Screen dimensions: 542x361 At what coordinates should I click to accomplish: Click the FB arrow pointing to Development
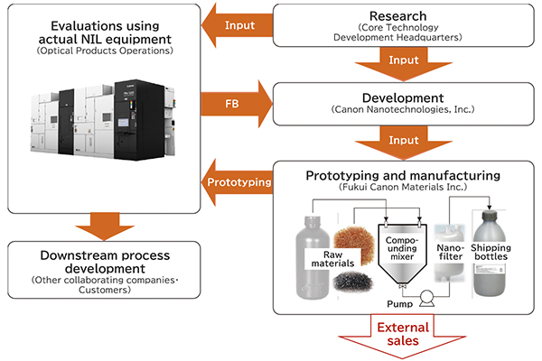pos(237,104)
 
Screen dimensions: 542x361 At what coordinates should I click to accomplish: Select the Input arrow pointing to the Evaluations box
pos(237,25)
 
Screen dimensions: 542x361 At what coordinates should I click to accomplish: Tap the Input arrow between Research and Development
pos(404,63)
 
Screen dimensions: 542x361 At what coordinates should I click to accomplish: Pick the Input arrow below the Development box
pos(404,143)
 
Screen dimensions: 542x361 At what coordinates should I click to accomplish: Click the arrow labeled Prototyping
pos(237,182)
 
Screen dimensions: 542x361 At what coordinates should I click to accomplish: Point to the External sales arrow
pos(402,336)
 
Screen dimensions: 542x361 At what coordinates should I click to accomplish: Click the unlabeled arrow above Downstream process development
pos(105,227)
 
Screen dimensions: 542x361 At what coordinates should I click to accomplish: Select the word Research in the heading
pos(397,16)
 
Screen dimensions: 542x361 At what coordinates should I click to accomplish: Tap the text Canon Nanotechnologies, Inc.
pos(403,109)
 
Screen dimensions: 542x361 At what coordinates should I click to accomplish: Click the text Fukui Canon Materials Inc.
pos(403,187)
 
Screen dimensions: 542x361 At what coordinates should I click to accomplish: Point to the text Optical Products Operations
pos(105,51)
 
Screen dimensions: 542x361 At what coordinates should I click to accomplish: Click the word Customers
pos(105,290)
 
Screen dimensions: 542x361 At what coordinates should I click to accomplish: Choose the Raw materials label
pos(332,259)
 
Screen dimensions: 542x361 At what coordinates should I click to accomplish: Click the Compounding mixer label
pos(402,248)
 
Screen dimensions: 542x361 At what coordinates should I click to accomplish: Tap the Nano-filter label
pos(451,252)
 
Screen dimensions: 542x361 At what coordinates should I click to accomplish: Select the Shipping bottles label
pos(491,252)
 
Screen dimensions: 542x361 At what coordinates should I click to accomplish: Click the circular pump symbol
pos(427,296)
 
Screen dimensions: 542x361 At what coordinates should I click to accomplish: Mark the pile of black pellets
pos(353,282)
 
